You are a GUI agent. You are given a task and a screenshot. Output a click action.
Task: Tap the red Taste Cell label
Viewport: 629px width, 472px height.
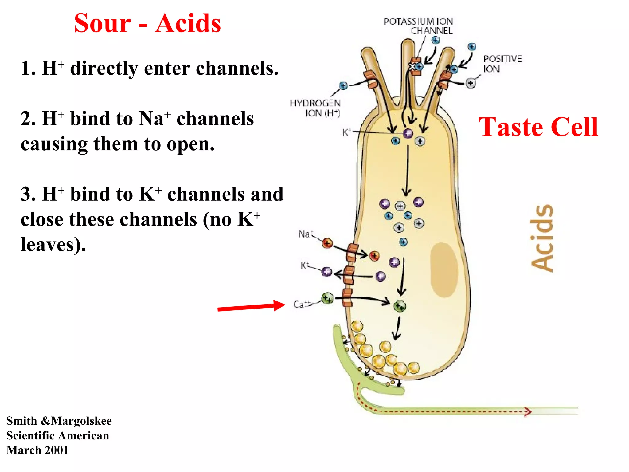click(538, 127)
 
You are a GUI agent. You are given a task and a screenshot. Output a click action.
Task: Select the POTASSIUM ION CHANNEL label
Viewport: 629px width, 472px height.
click(418, 26)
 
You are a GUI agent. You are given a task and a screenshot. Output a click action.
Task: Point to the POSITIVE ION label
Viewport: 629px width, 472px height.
click(502, 64)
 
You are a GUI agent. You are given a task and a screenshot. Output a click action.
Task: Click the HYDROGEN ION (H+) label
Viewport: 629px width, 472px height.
click(315, 108)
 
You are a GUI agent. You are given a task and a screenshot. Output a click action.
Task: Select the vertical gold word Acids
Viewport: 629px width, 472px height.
click(542, 238)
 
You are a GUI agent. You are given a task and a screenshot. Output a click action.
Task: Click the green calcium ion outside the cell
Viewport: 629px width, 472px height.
click(327, 298)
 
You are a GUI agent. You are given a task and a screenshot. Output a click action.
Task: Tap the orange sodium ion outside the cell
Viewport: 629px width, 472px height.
click(327, 243)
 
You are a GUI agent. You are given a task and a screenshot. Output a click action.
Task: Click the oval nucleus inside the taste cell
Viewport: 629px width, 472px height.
click(444, 270)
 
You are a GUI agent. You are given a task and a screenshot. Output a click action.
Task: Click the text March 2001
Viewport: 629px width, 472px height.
click(37, 450)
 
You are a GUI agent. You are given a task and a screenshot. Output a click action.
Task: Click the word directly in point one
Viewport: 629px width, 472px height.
click(104, 68)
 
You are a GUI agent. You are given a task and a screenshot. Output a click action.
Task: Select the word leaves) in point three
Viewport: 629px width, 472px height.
click(53, 245)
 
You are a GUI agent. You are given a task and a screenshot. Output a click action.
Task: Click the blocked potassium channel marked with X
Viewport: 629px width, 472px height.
click(412, 66)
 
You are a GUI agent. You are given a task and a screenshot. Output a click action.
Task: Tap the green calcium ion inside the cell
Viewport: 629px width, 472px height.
click(400, 306)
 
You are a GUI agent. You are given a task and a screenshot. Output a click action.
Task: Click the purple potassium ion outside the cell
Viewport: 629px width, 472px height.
click(327, 272)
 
